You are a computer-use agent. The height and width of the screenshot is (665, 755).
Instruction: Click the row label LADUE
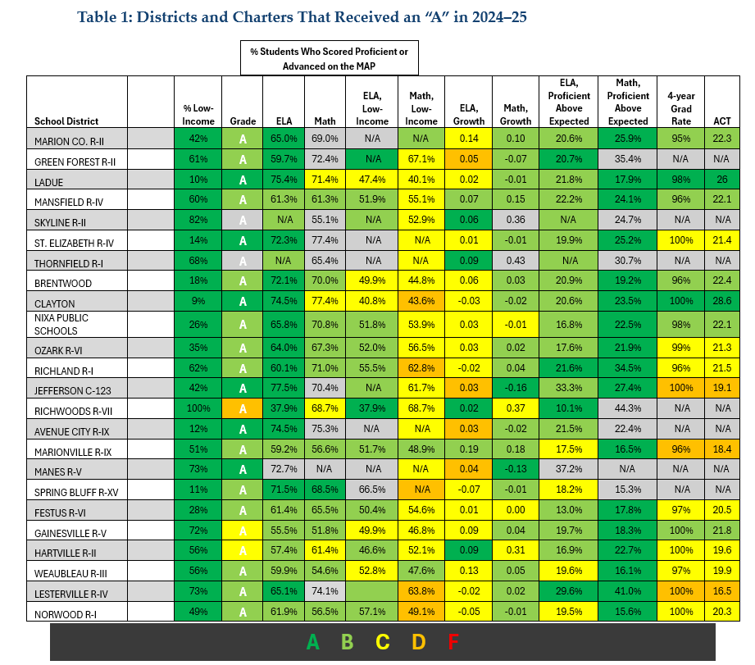pos(52,182)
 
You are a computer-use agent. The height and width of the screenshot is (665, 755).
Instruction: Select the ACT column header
pos(721,121)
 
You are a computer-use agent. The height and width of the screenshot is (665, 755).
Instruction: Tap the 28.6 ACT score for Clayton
pos(721,302)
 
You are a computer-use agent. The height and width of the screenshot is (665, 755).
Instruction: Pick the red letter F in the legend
pos(453,642)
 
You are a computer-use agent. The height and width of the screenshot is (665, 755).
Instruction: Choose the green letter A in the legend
pos(312,642)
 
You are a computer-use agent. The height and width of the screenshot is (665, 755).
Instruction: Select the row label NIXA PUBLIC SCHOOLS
pos(61,324)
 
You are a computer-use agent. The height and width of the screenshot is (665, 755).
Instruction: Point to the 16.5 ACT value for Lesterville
pos(721,590)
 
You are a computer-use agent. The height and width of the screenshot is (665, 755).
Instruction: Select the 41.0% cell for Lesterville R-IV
pos(627,590)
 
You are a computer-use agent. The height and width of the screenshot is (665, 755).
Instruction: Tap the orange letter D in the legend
pos(418,642)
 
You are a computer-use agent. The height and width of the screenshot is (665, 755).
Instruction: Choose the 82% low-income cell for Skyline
pos(198,220)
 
